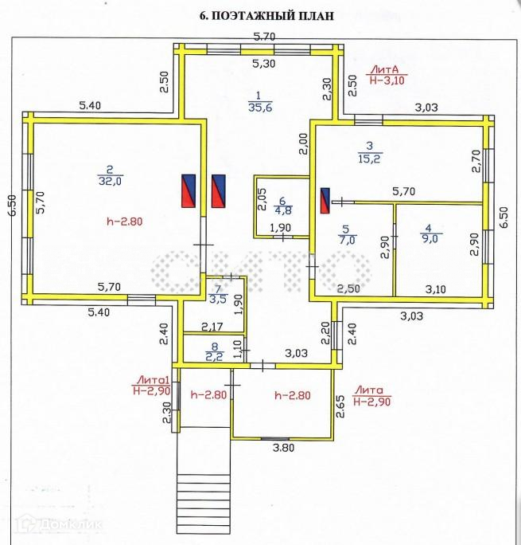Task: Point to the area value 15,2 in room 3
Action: (370, 157)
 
